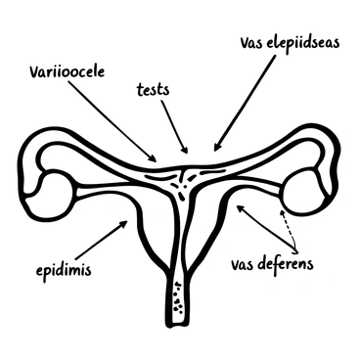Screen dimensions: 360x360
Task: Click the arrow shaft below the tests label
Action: pyautogui.click(x=172, y=124)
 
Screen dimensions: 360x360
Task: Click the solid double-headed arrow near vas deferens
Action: pyautogui.click(x=265, y=223)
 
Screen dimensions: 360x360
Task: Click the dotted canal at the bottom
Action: pyautogui.click(x=176, y=297)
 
